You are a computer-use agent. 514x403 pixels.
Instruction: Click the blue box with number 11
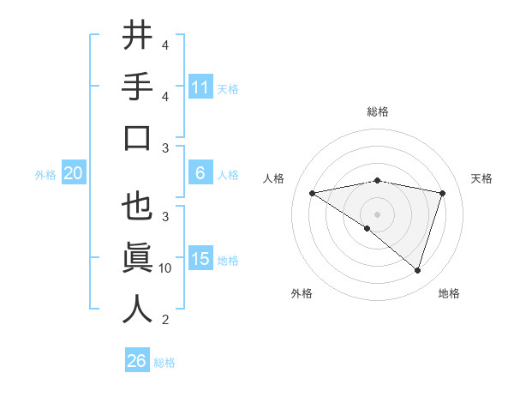200,87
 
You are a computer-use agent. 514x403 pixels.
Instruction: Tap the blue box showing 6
200,173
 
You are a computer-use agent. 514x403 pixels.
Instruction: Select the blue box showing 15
200,259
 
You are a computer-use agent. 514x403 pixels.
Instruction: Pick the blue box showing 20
74,173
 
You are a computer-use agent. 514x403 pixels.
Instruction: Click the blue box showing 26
137,361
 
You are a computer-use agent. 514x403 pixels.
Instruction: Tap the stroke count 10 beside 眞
165,268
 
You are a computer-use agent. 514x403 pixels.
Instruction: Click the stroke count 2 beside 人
165,320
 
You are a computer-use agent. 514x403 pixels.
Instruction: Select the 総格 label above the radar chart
377,111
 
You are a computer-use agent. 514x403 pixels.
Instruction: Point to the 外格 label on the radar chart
302,293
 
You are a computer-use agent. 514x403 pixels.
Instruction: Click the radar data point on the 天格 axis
443,193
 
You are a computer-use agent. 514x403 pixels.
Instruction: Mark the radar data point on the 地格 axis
418,270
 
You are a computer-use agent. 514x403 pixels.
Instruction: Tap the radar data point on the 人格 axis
312,193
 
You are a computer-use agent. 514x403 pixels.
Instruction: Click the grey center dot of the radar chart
377,214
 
